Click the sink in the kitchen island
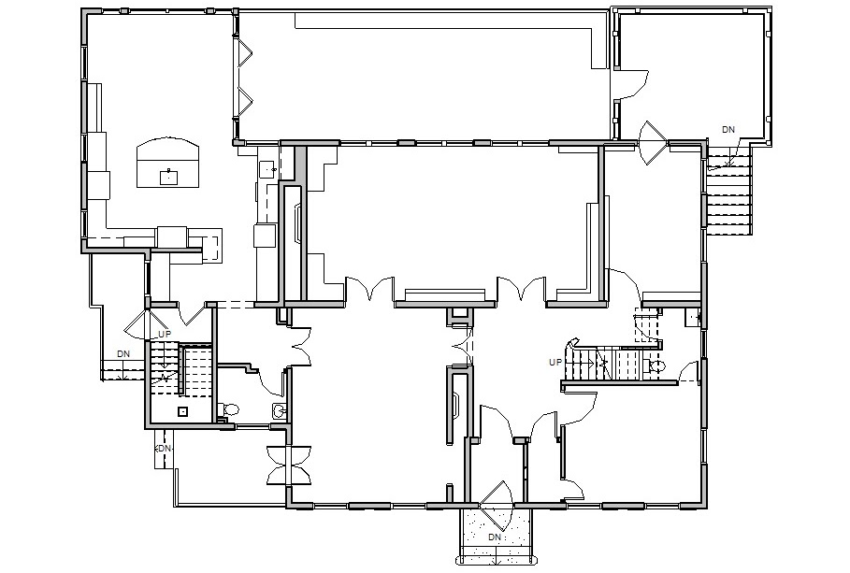click(168, 177)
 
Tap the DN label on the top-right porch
click(728, 130)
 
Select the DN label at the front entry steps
click(494, 537)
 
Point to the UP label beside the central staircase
click(555, 362)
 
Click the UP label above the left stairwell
click(165, 335)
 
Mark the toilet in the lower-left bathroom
click(228, 409)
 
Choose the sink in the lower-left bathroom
click(280, 411)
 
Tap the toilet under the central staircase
click(655, 365)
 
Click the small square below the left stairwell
click(183, 411)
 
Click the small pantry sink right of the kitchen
click(268, 170)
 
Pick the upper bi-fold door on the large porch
click(245, 54)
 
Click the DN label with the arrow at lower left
click(163, 449)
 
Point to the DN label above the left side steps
click(123, 353)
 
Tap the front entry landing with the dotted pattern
click(496, 534)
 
